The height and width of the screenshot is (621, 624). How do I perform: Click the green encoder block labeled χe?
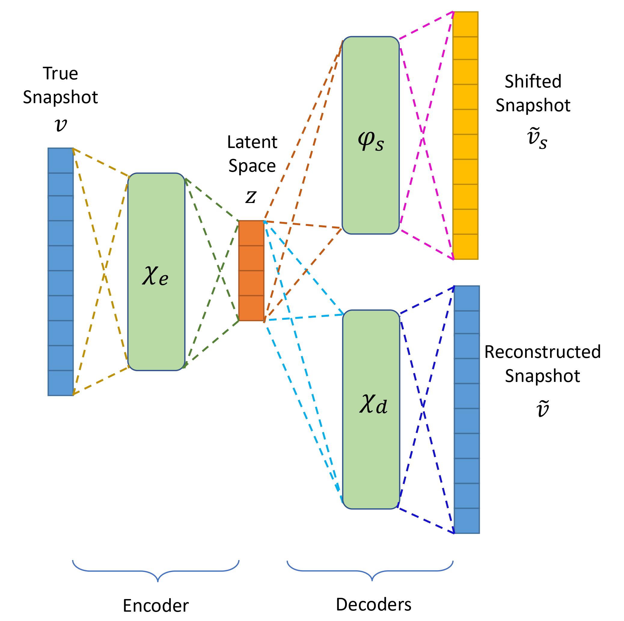pyautogui.click(x=156, y=271)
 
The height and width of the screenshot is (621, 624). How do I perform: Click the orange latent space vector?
pyautogui.click(x=251, y=270)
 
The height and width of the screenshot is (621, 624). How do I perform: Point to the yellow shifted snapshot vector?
pyautogui.click(x=465, y=135)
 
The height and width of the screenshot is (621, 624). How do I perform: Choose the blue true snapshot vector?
pyautogui.click(x=60, y=271)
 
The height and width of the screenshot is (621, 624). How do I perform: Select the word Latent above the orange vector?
pyautogui.click(x=252, y=142)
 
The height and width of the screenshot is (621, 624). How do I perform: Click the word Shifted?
pyautogui.click(x=533, y=81)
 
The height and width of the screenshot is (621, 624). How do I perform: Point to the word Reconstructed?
pyautogui.click(x=542, y=352)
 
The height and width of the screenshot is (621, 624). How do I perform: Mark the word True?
pyautogui.click(x=60, y=73)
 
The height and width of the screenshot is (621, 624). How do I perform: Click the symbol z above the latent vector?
pyautogui.click(x=251, y=196)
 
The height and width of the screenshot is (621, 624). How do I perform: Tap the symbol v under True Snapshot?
pyautogui.click(x=61, y=125)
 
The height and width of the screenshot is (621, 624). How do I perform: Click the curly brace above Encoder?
pyautogui.click(x=156, y=571)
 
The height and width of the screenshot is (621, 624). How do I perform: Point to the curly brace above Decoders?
pyautogui.click(x=370, y=571)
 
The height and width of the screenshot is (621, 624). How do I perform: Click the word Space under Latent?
pyautogui.click(x=252, y=166)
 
